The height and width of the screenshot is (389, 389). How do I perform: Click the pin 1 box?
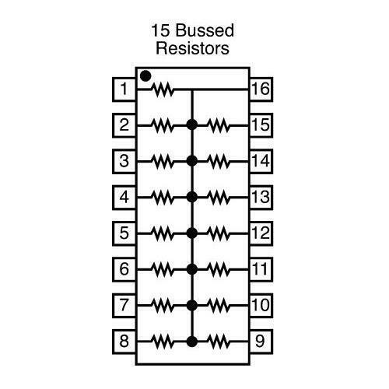click(x=124, y=89)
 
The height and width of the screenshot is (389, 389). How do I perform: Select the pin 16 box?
click(x=261, y=89)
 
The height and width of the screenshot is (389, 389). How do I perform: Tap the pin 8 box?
click(x=124, y=342)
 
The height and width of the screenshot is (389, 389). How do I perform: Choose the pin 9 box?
click(x=261, y=342)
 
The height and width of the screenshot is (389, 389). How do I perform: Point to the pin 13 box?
click(x=261, y=198)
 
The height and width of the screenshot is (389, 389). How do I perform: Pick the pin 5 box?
click(x=124, y=233)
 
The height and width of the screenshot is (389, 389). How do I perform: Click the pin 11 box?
click(x=261, y=269)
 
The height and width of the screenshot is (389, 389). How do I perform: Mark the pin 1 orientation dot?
click(x=145, y=76)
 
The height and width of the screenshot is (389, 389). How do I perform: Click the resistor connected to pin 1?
click(x=163, y=89)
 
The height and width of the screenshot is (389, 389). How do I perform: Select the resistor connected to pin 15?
click(x=219, y=125)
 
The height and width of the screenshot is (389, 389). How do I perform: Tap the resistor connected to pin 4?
click(x=163, y=198)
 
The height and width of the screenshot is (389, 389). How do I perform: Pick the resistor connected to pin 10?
click(x=219, y=306)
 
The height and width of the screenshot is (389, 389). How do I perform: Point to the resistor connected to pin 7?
click(x=163, y=306)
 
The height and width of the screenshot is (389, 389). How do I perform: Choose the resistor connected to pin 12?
click(x=219, y=233)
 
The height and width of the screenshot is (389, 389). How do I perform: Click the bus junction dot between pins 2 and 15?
click(x=192, y=125)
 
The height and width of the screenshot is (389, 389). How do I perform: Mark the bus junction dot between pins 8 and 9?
click(x=192, y=342)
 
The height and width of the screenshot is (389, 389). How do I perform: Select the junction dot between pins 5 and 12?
click(x=192, y=233)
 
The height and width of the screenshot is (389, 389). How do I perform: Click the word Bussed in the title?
click(x=205, y=30)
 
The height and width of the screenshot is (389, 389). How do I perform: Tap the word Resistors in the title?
click(x=193, y=48)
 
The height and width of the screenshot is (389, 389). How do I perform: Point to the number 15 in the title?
click(x=161, y=30)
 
